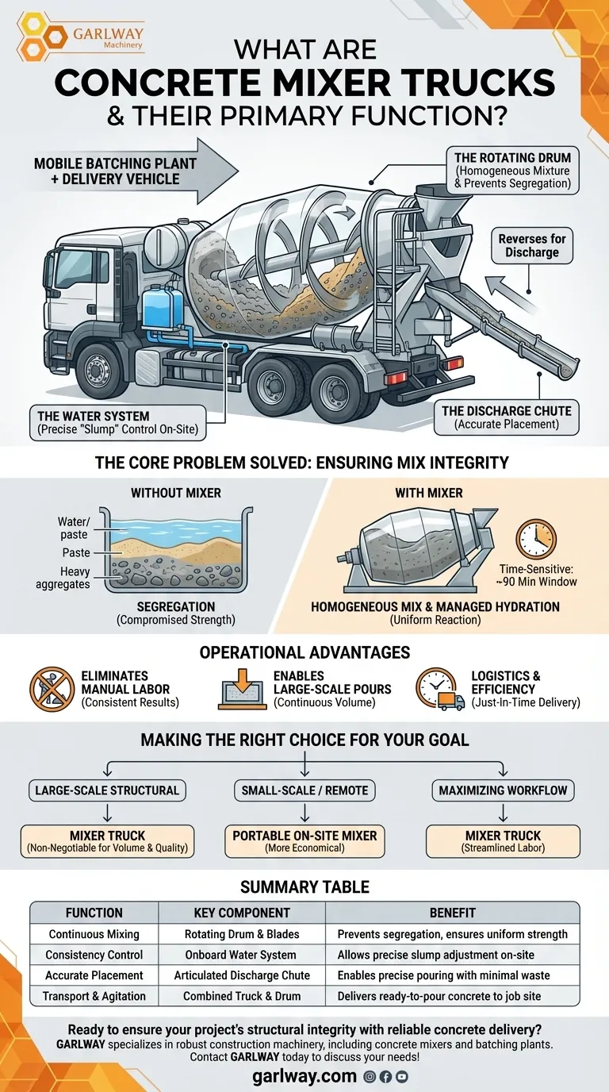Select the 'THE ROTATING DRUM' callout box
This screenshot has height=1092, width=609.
(511, 170)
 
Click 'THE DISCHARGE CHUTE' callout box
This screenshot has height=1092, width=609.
(507, 417)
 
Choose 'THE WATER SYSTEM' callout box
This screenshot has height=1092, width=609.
(117, 423)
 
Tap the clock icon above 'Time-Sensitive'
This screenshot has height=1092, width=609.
(536, 539)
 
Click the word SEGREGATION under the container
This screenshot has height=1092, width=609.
(176, 606)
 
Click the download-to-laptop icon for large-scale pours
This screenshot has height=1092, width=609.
(242, 687)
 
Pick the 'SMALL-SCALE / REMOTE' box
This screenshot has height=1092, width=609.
(304, 790)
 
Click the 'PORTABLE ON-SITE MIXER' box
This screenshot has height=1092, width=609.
(304, 841)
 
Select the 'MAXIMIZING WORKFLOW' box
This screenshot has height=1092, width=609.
(504, 790)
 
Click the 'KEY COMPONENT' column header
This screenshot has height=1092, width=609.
(242, 913)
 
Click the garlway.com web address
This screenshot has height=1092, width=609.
(304, 1076)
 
